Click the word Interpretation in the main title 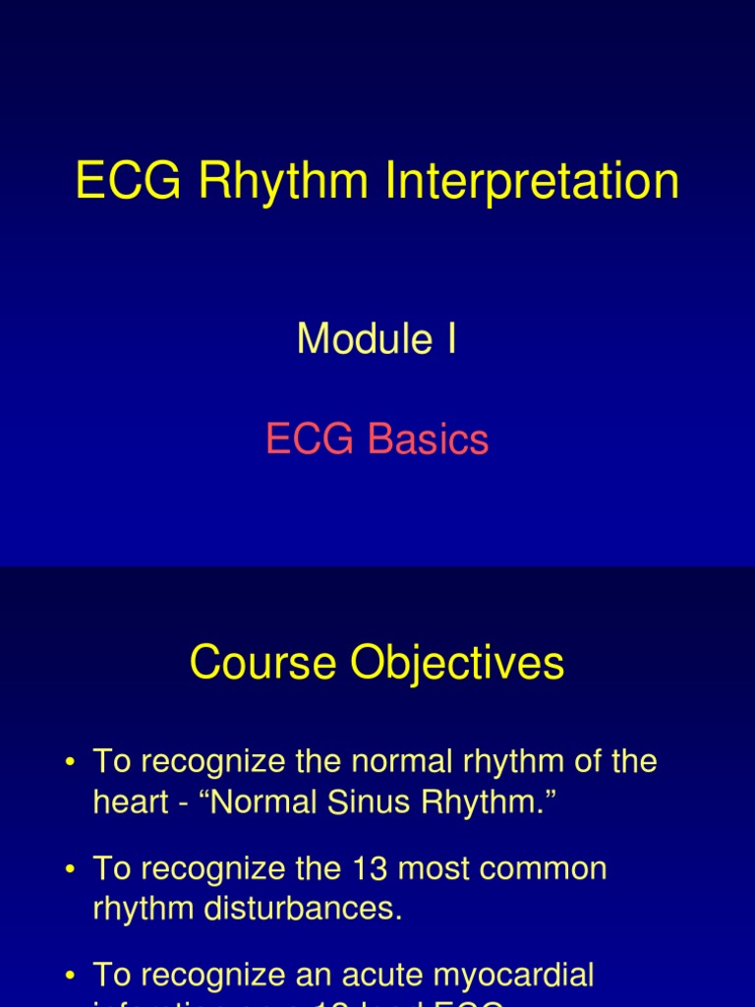click(537, 184)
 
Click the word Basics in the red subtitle click(429, 440)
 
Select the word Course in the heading click(261, 663)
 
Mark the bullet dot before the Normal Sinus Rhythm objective click(70, 763)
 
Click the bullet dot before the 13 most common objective click(70, 870)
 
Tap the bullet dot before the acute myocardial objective click(70, 977)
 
